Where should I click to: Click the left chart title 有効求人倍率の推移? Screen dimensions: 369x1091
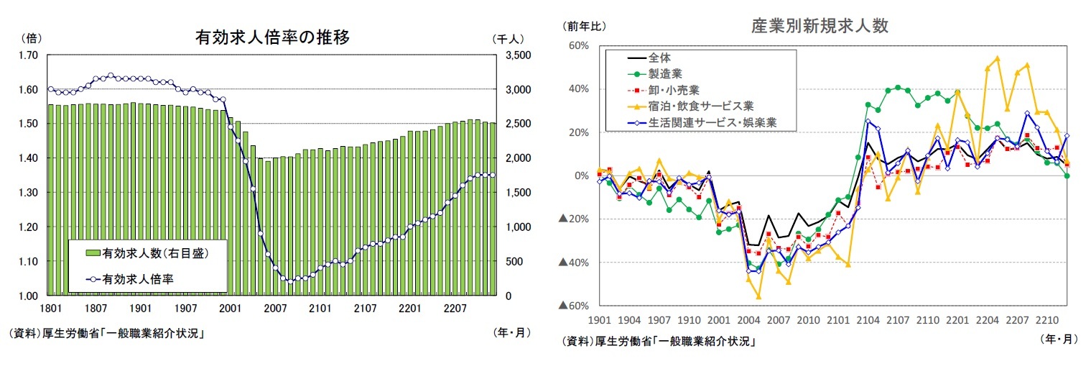273,37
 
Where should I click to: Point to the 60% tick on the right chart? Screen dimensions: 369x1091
579,46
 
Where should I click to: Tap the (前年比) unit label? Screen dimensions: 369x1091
585,26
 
